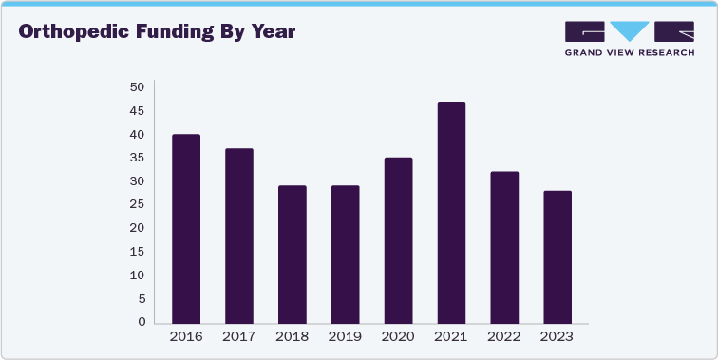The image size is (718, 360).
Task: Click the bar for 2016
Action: (186, 228)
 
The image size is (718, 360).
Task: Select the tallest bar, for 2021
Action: (451, 212)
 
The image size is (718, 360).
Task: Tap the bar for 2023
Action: (557, 256)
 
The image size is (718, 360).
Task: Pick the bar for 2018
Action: (293, 254)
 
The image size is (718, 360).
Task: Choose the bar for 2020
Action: (398, 239)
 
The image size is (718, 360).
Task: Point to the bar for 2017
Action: (239, 236)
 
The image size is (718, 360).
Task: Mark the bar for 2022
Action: (504, 247)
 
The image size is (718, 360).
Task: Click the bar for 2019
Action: (346, 254)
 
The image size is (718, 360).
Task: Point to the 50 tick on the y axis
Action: (138, 87)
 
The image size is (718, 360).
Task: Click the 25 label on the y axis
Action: (138, 204)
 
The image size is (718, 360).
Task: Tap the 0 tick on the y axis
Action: (142, 322)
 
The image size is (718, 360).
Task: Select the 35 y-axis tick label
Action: (138, 158)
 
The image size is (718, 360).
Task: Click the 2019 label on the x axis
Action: (346, 336)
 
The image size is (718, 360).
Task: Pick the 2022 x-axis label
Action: (504, 336)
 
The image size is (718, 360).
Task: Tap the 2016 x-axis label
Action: (186, 336)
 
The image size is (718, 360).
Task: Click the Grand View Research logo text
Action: (629, 52)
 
